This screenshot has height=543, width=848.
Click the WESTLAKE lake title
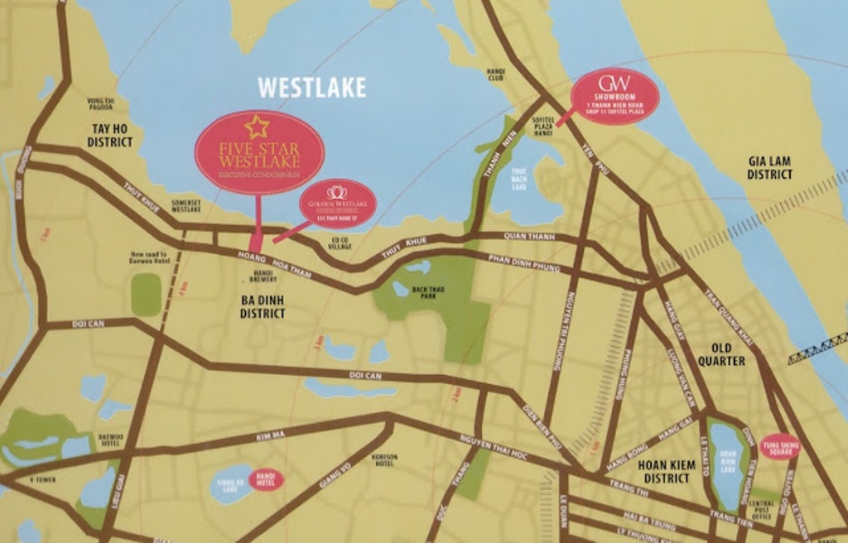(311, 88)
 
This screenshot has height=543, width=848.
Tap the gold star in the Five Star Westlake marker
(257, 127)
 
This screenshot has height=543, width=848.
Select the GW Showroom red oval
(615, 97)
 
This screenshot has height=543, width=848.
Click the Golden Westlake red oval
(338, 202)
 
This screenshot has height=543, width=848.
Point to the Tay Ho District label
(110, 136)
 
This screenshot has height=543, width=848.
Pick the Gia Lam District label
(769, 168)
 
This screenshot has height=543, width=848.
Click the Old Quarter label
(720, 354)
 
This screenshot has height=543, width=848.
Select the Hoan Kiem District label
(666, 472)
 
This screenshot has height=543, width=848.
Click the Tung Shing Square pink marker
(780, 446)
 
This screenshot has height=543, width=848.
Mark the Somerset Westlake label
(185, 206)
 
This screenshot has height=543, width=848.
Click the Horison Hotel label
(384, 460)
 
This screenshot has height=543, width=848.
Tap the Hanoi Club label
(495, 74)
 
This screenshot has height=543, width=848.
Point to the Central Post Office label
(763, 510)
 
